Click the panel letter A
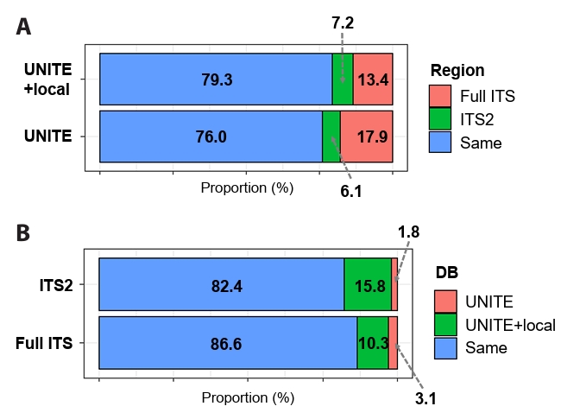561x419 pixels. (24, 27)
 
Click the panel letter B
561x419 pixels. (24, 233)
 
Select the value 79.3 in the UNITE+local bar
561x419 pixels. (216, 79)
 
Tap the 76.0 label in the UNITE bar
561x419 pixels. (211, 136)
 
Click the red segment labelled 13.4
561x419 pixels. (373, 79)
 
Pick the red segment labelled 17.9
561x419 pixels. (366, 136)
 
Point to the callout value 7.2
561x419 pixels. (343, 23)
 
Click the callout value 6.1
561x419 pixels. (350, 192)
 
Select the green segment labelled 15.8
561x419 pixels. (369, 284)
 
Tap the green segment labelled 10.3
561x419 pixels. (373, 343)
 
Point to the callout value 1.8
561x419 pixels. (408, 232)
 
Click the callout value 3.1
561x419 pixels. (425, 398)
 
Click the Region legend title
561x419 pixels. (457, 71)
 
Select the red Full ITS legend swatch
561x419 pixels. (440, 95)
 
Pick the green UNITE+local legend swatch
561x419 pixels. (444, 325)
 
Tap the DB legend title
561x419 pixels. (446, 273)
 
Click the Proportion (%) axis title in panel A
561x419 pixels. (247, 187)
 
